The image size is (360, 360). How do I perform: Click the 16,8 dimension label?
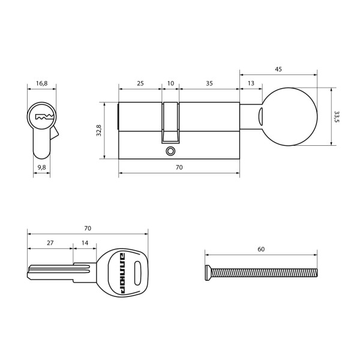point(41,83)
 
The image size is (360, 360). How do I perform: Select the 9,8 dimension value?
point(41,167)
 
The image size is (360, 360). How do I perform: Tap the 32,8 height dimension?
point(99,130)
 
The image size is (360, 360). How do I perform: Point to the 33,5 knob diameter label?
point(337,116)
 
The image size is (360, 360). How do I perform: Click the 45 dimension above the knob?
point(278,69)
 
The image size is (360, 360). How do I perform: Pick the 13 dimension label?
point(251,83)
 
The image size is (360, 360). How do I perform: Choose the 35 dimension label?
point(209,83)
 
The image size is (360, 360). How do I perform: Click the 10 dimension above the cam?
point(170,83)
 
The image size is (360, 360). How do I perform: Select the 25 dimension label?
point(140,83)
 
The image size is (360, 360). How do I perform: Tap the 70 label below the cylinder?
point(179,167)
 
